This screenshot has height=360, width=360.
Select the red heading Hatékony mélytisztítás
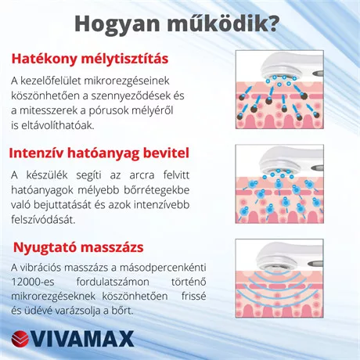[x=100, y=59]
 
